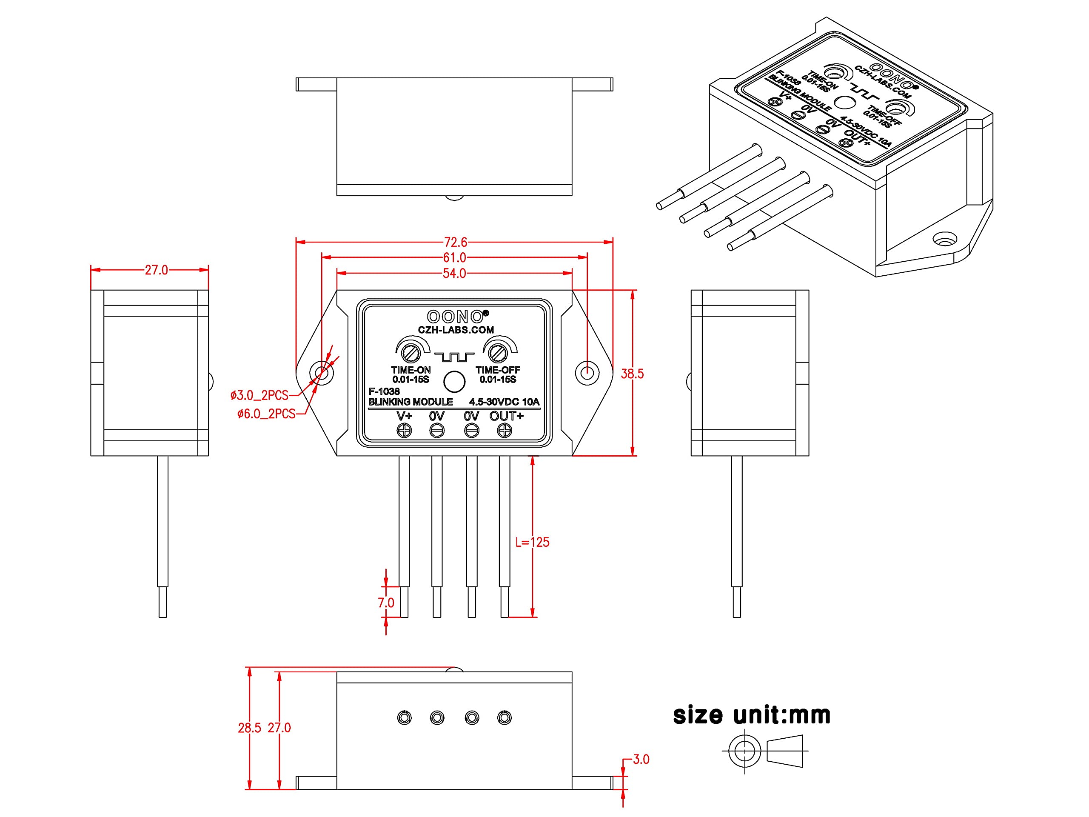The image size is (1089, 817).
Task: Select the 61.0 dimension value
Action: pyautogui.click(x=454, y=257)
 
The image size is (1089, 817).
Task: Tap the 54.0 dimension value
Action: pyautogui.click(x=454, y=273)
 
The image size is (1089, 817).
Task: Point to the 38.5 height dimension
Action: pyautogui.click(x=632, y=374)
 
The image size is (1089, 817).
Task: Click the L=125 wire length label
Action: pyautogui.click(x=532, y=542)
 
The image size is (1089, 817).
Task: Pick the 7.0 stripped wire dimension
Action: pyautogui.click(x=386, y=603)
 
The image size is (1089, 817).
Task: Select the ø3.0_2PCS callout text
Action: pyautogui.click(x=259, y=395)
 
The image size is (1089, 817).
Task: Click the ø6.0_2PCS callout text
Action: pyautogui.click(x=266, y=414)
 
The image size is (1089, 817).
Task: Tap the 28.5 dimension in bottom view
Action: pyautogui.click(x=250, y=728)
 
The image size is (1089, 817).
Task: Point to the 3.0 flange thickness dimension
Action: pyautogui.click(x=641, y=760)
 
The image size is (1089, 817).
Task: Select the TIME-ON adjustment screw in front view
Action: pyautogui.click(x=410, y=353)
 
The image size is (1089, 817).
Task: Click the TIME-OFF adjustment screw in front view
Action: pyautogui.click(x=498, y=353)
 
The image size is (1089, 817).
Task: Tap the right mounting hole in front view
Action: pyautogui.click(x=587, y=373)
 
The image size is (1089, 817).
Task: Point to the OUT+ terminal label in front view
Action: pyautogui.click(x=507, y=416)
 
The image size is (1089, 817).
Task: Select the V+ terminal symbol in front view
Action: pyautogui.click(x=404, y=431)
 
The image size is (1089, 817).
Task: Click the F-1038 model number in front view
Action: pyautogui.click(x=384, y=391)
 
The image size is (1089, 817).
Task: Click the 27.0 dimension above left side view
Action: pyautogui.click(x=156, y=270)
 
